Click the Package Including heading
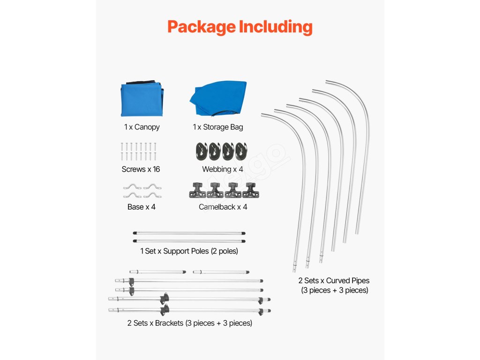240,27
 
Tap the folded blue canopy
142,100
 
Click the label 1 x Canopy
142,127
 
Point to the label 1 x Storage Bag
218,127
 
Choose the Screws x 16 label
141,169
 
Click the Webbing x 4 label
223,169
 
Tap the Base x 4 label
141,207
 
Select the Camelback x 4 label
223,207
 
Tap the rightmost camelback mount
249,190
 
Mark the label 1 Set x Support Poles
189,251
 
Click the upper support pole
189,233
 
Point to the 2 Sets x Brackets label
189,323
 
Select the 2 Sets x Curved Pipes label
334,281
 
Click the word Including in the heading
276,27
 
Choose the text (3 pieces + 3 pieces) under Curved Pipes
334,291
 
